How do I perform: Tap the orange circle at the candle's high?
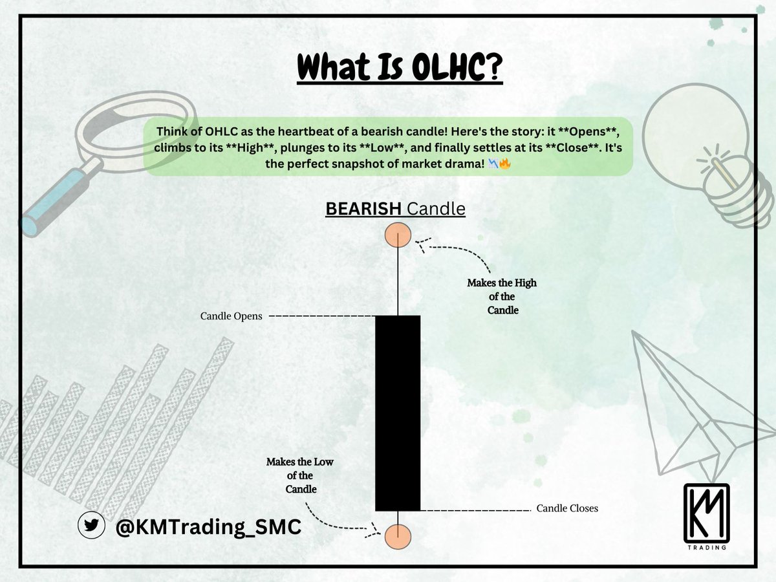(x=398, y=235)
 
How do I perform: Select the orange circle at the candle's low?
(x=398, y=536)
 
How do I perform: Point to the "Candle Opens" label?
(x=231, y=317)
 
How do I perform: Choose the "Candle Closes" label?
(x=567, y=508)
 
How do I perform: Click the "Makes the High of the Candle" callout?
(x=502, y=297)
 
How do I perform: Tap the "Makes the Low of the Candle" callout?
(x=301, y=475)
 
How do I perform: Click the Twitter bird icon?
(x=91, y=526)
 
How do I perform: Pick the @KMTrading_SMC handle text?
(x=208, y=527)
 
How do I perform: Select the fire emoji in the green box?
(x=505, y=164)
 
